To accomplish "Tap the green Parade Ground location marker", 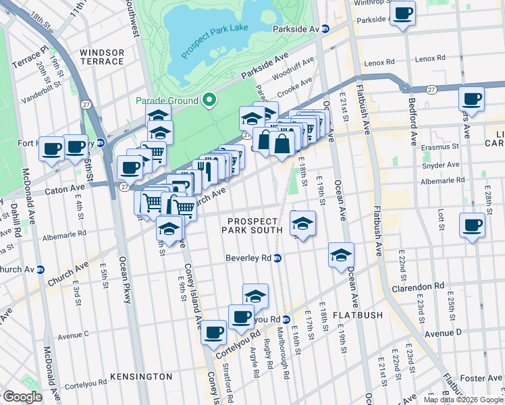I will point(209,101).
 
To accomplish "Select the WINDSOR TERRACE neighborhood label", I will point(102,57).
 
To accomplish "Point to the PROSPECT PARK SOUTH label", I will point(253,225).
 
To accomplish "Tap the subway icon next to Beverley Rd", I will point(277,258).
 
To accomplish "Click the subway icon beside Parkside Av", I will point(325,29).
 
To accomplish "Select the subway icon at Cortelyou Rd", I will point(286,319).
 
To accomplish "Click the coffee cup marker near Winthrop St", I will point(403,13).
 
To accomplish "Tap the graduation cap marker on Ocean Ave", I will point(342,256).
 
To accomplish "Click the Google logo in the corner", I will point(22,397).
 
